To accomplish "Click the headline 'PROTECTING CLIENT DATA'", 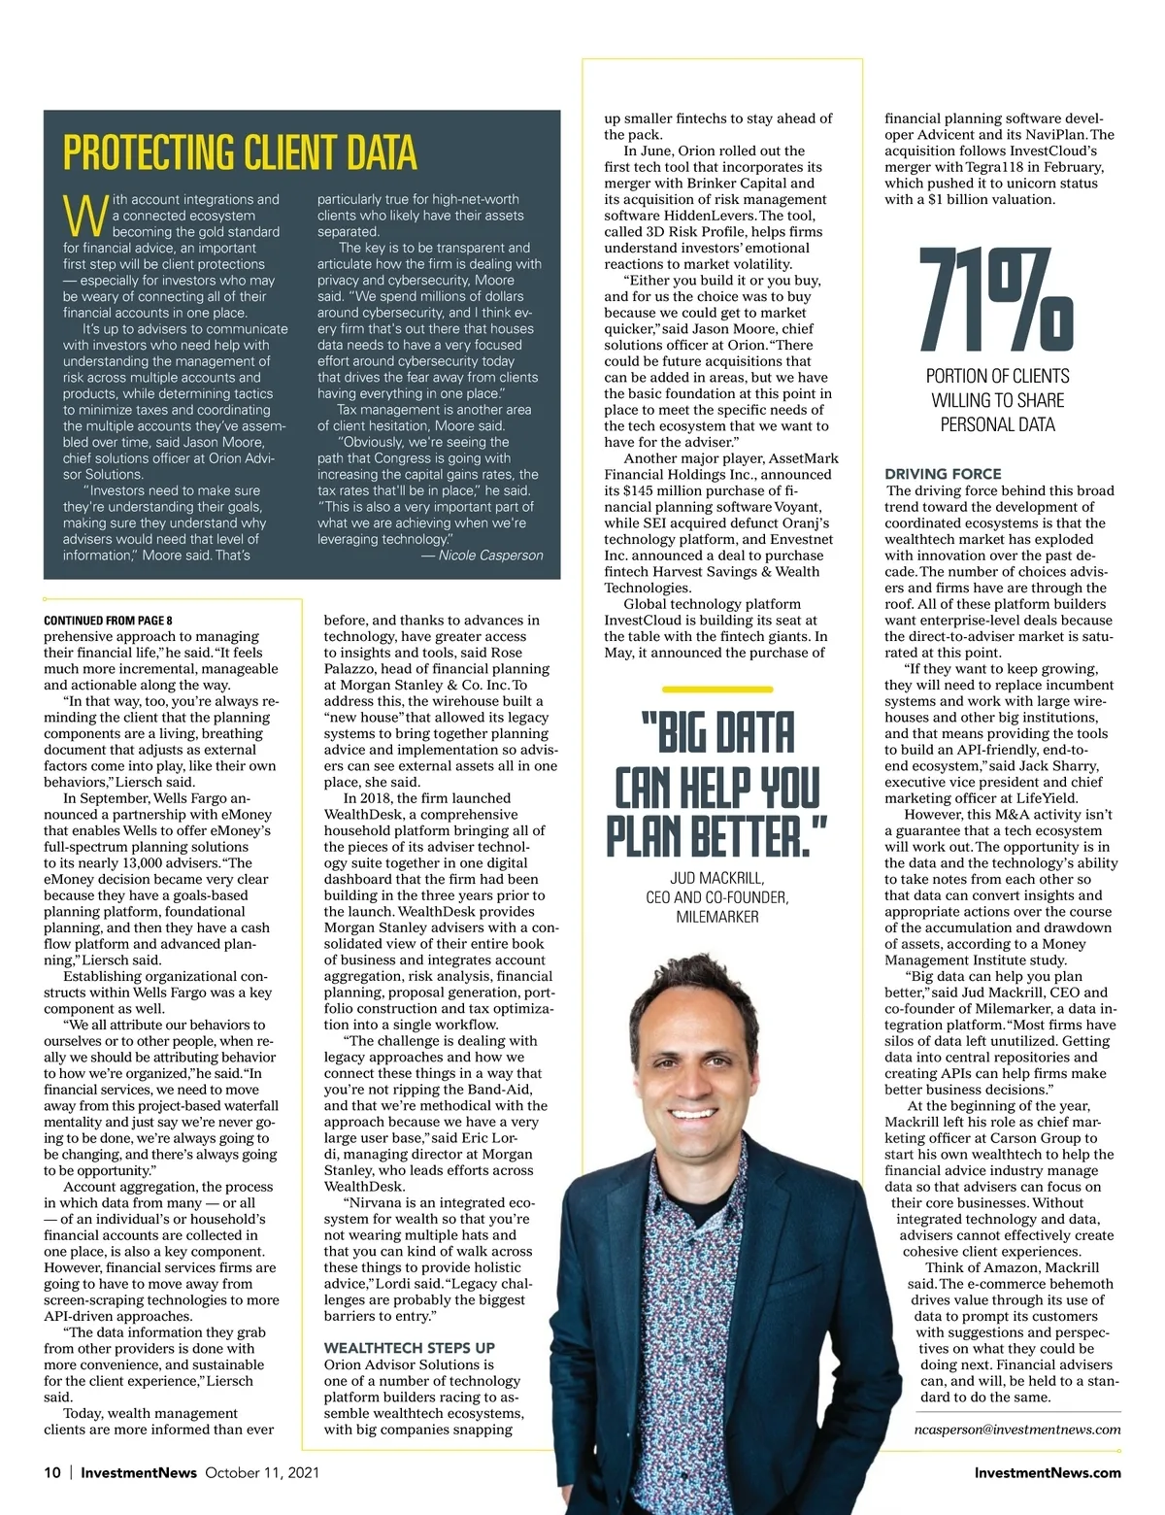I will click(240, 153).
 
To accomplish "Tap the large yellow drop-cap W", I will click(84, 216).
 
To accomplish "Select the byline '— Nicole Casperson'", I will click(482, 555).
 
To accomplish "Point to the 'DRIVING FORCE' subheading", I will click(943, 474).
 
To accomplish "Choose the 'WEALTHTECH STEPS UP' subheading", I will click(409, 1348).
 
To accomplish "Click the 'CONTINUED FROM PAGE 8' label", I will click(108, 620).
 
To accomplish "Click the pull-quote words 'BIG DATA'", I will click(717, 733).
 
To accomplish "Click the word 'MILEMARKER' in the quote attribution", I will click(716, 917).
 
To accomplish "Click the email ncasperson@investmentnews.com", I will click(1017, 1430).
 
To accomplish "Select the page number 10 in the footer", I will click(52, 1472).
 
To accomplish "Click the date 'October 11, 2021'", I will click(262, 1472).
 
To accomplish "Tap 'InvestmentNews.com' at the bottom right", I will click(1047, 1472).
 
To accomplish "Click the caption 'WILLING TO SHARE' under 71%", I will click(997, 400).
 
